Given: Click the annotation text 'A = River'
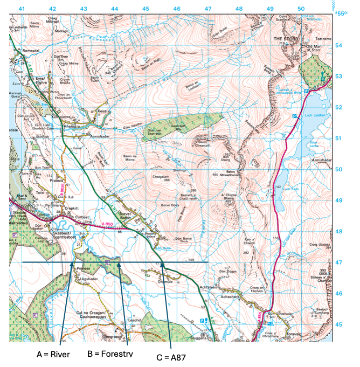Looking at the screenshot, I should tap(54, 355).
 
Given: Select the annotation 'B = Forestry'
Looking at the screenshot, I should tap(110, 355).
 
